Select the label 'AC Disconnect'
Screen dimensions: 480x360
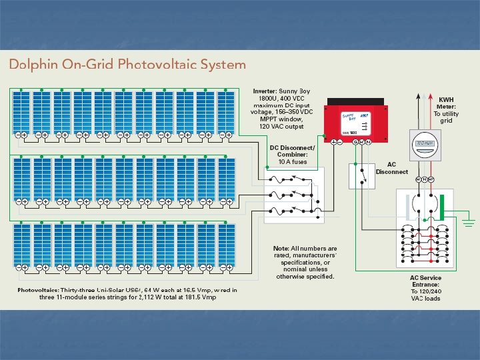(x=391, y=167)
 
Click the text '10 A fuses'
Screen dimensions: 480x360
(x=293, y=161)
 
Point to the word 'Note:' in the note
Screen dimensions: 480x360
(x=281, y=248)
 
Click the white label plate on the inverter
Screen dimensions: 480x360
(x=356, y=123)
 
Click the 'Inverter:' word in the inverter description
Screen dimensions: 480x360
(x=265, y=91)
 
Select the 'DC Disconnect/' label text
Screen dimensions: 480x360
(x=292, y=147)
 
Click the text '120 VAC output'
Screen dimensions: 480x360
(x=281, y=126)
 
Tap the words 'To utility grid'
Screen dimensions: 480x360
(x=446, y=117)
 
